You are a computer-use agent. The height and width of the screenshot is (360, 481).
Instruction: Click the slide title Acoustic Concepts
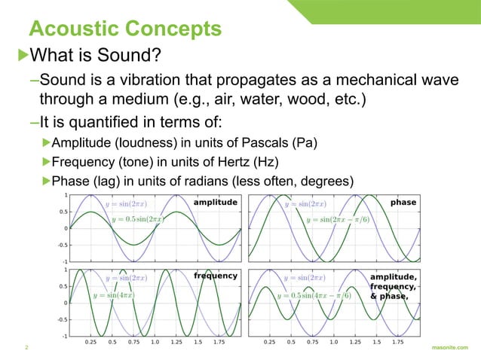[x=124, y=29]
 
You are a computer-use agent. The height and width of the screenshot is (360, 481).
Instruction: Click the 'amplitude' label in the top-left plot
[x=216, y=203]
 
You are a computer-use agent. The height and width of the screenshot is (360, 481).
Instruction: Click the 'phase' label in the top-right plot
[x=403, y=203]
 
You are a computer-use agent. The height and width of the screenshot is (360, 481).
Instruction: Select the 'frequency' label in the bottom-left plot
[x=216, y=276]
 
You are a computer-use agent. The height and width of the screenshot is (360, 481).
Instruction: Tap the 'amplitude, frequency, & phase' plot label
[x=393, y=285]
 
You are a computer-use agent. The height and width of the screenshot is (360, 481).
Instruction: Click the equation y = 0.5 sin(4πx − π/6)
[x=314, y=295]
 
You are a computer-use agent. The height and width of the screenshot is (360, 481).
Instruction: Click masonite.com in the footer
[x=451, y=348]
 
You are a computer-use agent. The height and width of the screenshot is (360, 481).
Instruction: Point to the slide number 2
[x=26, y=348]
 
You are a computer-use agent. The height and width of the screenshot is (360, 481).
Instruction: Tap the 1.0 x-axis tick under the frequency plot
[x=155, y=341]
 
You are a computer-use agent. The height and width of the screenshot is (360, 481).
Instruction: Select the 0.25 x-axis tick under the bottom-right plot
[x=269, y=341]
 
